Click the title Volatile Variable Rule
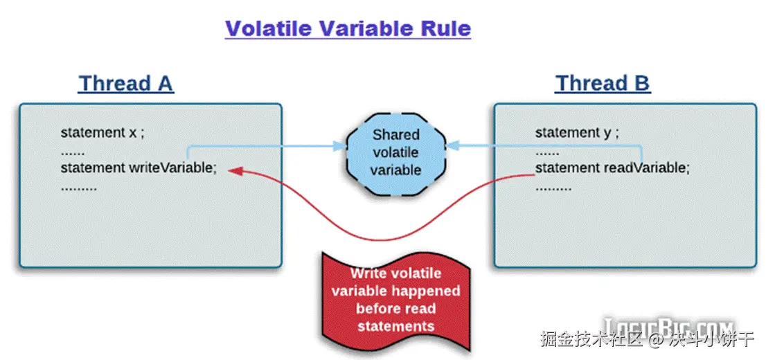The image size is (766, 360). click(x=348, y=28)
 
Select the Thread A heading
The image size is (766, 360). click(x=125, y=84)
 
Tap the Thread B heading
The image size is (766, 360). click(x=602, y=84)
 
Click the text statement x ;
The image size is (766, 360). click(x=102, y=132)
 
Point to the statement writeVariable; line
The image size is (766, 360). click(x=139, y=168)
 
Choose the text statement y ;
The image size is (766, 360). click(x=577, y=132)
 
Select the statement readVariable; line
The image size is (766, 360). click(x=612, y=168)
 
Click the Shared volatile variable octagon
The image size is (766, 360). click(x=396, y=152)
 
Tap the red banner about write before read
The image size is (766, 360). click(x=395, y=299)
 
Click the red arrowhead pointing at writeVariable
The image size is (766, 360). click(x=235, y=170)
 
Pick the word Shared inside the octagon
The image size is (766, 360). click(x=396, y=134)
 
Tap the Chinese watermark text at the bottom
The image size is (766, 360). click(x=647, y=341)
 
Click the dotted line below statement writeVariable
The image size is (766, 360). click(x=79, y=187)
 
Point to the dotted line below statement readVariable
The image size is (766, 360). click(x=553, y=187)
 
